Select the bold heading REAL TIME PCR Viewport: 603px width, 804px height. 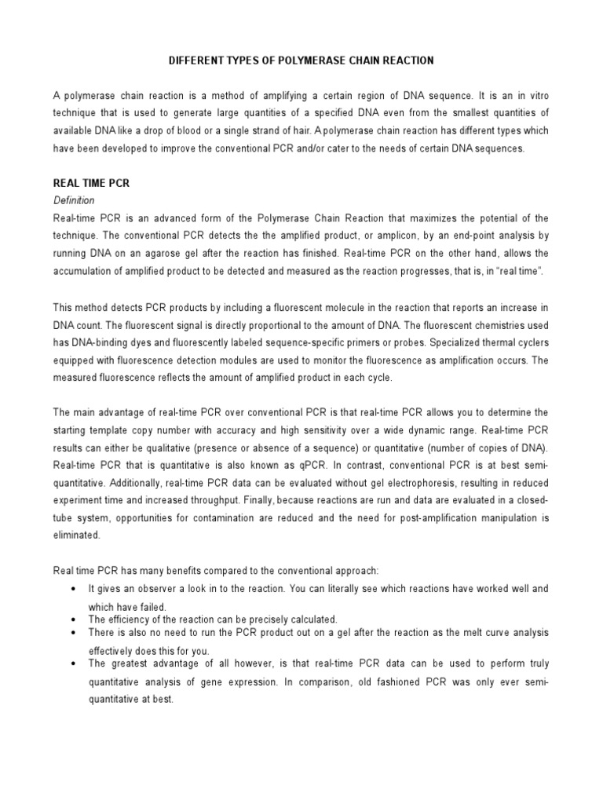(91, 183)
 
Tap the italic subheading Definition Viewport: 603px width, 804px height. (74, 200)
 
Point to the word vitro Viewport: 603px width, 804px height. (538, 95)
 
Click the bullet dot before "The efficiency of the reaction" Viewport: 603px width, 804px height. (72, 619)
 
